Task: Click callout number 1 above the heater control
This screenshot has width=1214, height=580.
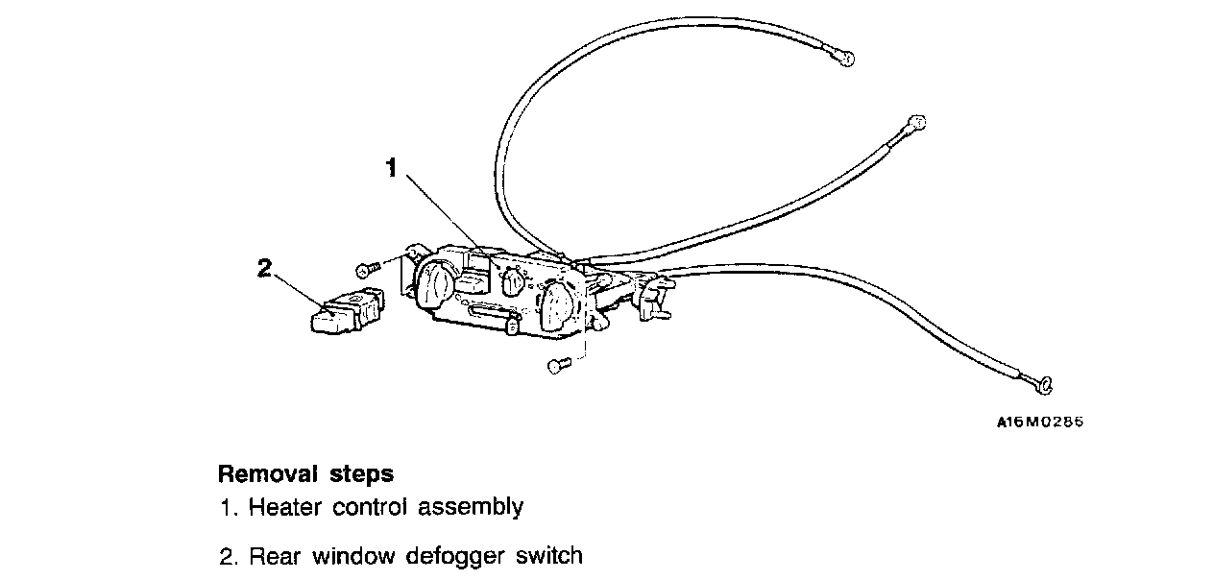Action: click(391, 168)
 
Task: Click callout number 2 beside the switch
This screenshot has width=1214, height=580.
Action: click(265, 269)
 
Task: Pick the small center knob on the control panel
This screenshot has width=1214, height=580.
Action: click(514, 282)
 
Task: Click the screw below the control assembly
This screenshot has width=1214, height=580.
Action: click(556, 365)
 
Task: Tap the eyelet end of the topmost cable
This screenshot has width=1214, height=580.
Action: click(845, 59)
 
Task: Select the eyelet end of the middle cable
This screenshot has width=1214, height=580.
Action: click(915, 123)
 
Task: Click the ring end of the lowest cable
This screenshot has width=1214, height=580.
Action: click(1045, 385)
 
